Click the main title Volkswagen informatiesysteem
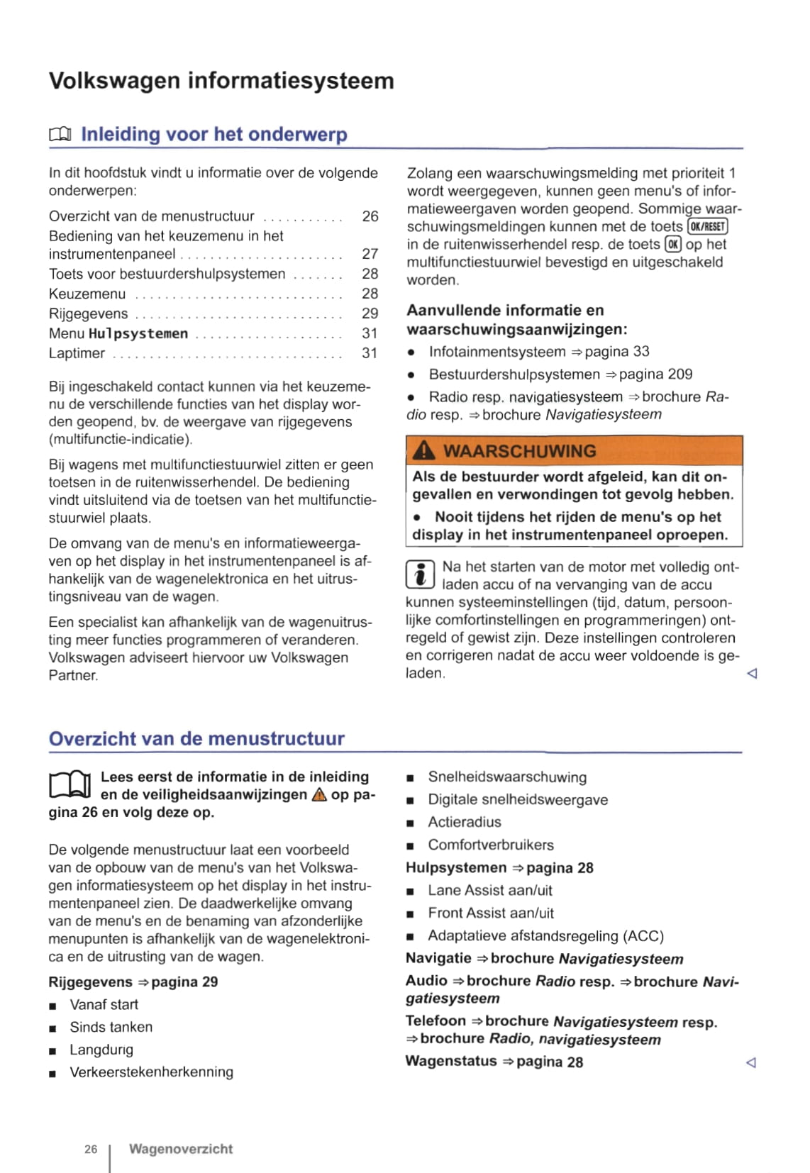click(221, 81)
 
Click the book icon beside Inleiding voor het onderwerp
click(60, 134)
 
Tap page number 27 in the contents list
click(370, 254)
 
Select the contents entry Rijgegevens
click(89, 313)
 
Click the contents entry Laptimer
click(77, 353)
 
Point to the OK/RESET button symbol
click(707, 226)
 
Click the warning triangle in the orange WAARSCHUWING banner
click(423, 450)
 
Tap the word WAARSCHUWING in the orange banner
click(519, 451)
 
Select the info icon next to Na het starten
click(419, 574)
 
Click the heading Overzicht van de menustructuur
click(196, 738)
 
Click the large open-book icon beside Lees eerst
click(70, 785)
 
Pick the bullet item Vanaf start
click(104, 1004)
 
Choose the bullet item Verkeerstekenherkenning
click(151, 1072)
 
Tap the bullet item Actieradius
click(464, 822)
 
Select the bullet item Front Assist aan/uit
click(490, 913)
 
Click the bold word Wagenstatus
click(451, 1061)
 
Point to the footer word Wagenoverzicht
click(180, 1148)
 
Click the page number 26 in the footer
click(91, 1149)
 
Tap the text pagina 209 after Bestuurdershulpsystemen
click(655, 374)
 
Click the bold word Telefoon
click(435, 1021)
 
